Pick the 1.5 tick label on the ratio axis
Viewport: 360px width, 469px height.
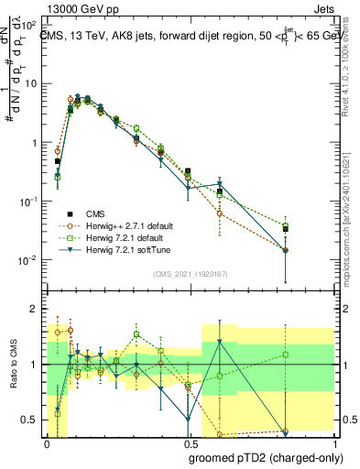31,336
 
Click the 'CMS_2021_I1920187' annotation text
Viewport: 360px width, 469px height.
190,274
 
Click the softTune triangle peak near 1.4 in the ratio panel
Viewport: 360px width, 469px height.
219,343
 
